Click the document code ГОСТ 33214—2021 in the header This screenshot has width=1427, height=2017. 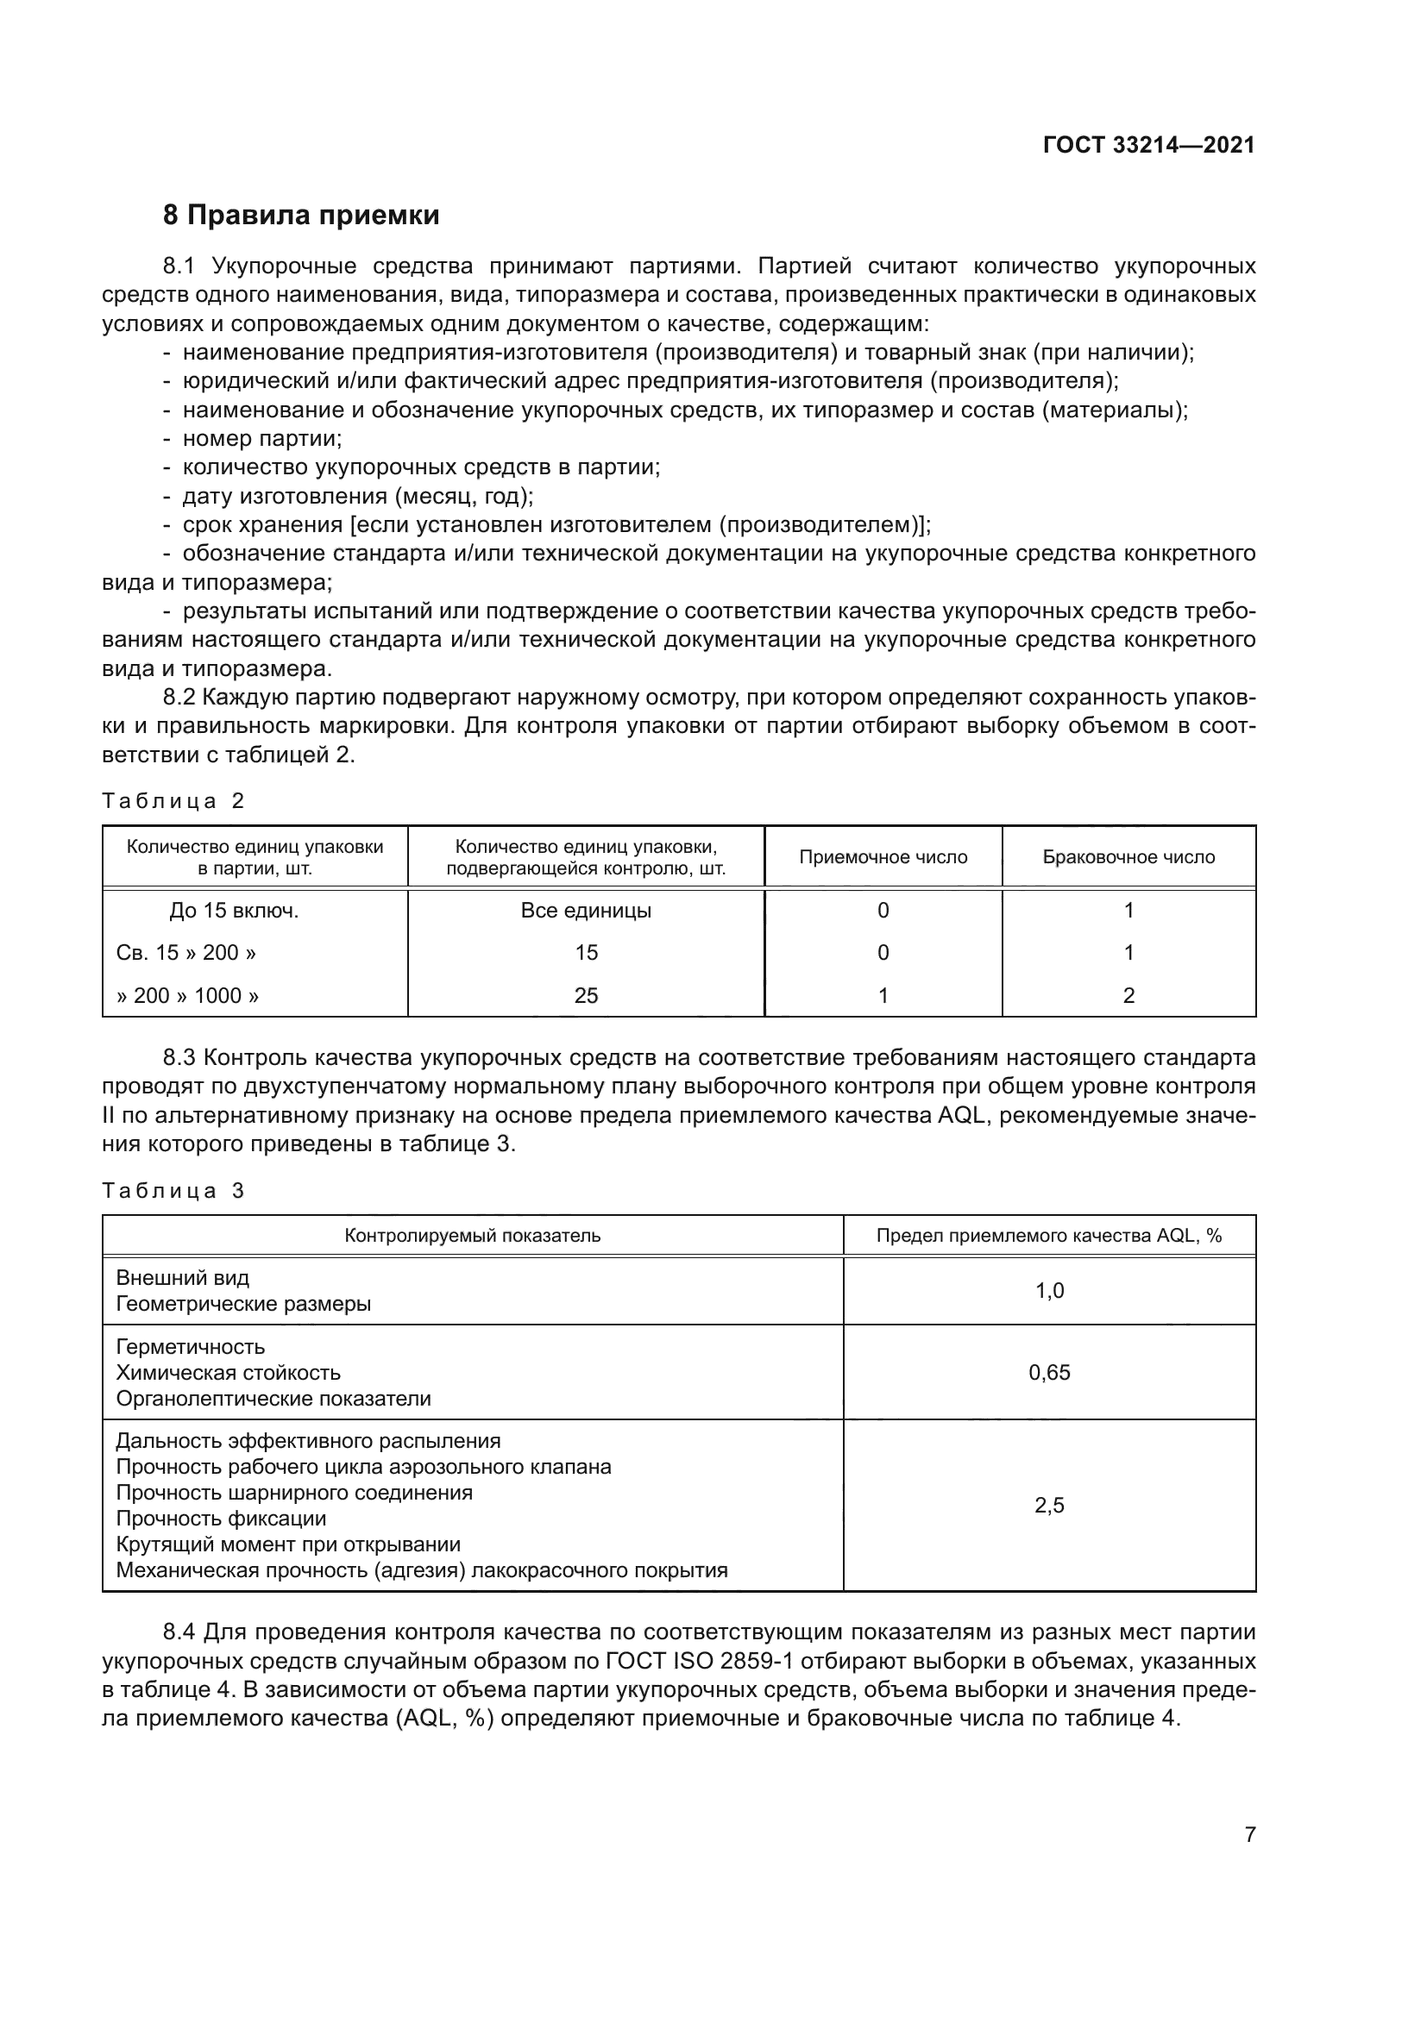[1148, 145]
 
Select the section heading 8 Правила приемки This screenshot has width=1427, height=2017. [300, 216]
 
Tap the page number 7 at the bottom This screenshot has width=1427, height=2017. [1249, 1834]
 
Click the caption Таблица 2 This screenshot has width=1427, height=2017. [173, 801]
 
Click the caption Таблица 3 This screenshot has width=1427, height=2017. [173, 1190]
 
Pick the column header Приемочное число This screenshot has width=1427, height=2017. [883, 857]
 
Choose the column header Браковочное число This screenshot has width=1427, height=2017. [1128, 857]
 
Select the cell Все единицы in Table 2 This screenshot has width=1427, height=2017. [586, 911]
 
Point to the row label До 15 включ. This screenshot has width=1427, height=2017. [234, 911]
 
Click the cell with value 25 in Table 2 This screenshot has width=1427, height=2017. [586, 995]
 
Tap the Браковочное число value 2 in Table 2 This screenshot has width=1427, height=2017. [1128, 995]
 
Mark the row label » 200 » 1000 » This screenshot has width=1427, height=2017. [188, 995]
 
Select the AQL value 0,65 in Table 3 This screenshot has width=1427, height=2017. [1049, 1372]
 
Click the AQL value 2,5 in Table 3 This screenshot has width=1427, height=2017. [1049, 1506]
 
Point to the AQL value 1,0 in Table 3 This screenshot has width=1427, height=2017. [1049, 1291]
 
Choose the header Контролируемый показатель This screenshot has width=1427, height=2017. [473, 1236]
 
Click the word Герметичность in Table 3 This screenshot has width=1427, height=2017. [190, 1347]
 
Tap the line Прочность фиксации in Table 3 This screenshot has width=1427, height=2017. [221, 1519]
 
